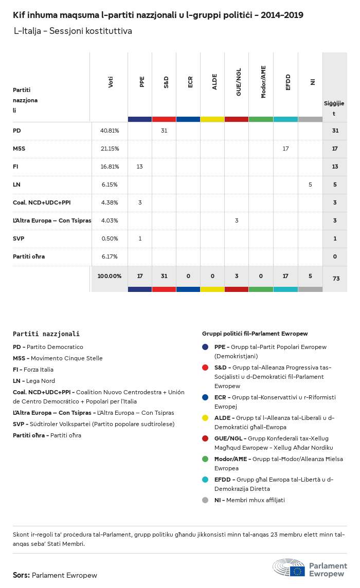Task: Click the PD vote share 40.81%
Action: point(110,131)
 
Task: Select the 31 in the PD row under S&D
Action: point(164,131)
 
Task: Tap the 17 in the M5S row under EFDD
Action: point(286,149)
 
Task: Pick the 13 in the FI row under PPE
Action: point(140,167)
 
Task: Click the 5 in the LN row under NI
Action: point(310,185)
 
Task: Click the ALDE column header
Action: point(214,82)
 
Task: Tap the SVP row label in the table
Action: point(19,238)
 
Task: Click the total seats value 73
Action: point(336,279)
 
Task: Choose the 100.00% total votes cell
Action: point(110,276)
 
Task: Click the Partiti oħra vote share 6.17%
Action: point(110,256)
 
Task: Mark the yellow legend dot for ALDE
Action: point(205,418)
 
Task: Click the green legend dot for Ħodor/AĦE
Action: point(205,459)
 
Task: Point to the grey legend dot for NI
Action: point(205,500)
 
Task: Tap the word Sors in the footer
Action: point(21,575)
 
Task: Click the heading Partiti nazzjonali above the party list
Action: point(46,334)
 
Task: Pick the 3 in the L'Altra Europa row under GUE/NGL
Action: point(237,220)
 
